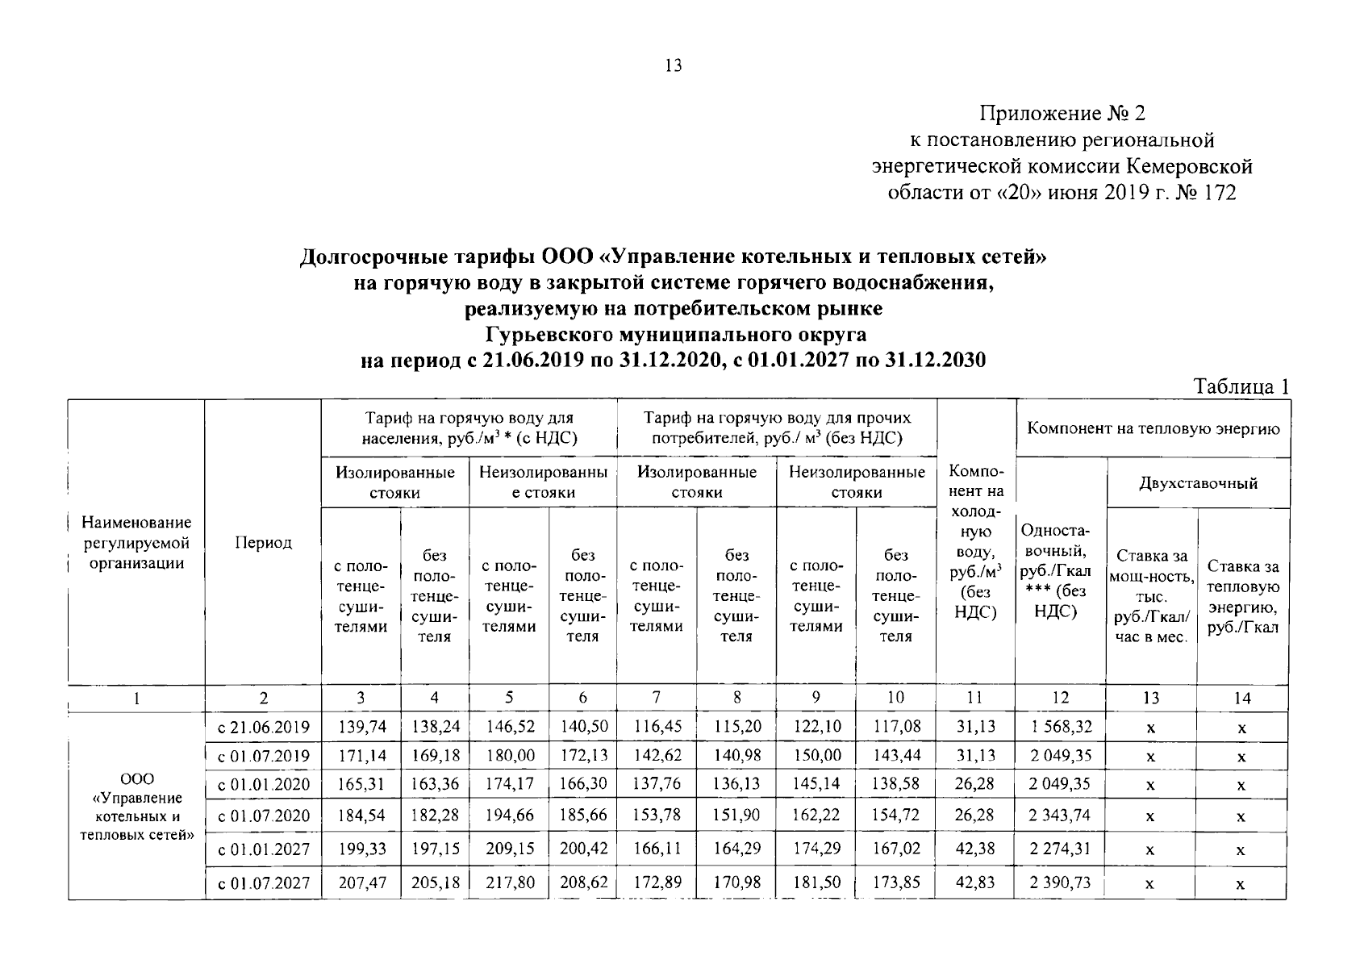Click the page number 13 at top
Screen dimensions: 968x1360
pos(674,66)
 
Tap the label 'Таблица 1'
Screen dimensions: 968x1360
pos(1241,386)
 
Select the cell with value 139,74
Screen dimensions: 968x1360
pos(362,727)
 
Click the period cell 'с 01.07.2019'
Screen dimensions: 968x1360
pos(264,757)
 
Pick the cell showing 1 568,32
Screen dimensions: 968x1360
pos(1060,727)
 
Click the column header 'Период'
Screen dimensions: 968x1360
pos(263,543)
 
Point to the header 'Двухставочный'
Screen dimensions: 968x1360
pos(1198,484)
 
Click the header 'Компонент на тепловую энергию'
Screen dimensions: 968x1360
pos(1153,428)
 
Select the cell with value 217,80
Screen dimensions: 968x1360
pos(510,883)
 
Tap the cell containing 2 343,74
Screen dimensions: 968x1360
pos(1060,816)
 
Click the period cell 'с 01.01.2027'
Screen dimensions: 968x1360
pos(264,849)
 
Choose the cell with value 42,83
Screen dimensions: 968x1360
pos(975,883)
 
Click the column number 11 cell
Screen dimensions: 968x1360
pos(975,698)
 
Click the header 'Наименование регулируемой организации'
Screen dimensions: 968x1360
pos(137,543)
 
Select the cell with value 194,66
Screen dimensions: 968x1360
pos(510,816)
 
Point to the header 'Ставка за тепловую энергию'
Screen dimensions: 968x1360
pos(1242,597)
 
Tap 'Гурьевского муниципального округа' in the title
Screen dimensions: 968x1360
pos(674,334)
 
